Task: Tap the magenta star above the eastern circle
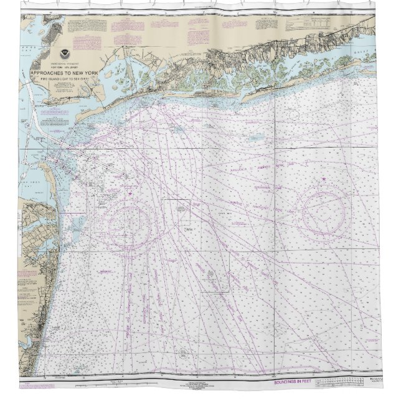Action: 325,181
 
